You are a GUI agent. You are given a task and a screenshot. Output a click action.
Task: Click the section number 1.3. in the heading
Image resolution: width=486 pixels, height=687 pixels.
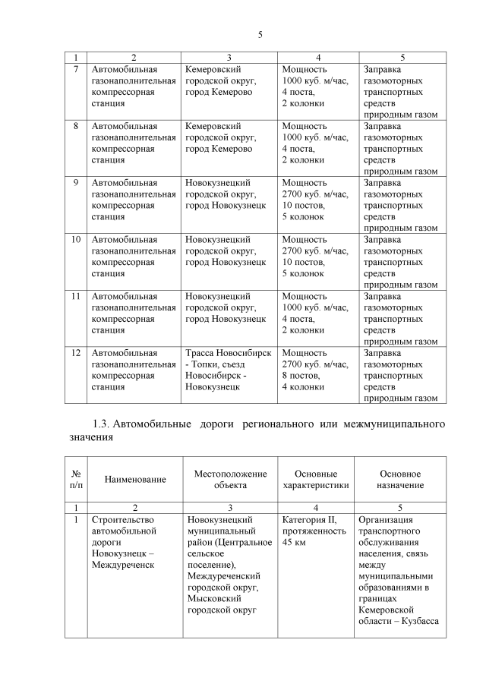tap(103, 423)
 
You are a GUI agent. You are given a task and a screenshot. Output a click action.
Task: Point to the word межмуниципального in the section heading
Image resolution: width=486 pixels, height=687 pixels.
tap(393, 423)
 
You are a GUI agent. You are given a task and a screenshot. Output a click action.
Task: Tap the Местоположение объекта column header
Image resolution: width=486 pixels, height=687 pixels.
tap(229, 480)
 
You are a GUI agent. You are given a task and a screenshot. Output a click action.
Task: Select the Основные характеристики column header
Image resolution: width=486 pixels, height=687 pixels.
tap(315, 480)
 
